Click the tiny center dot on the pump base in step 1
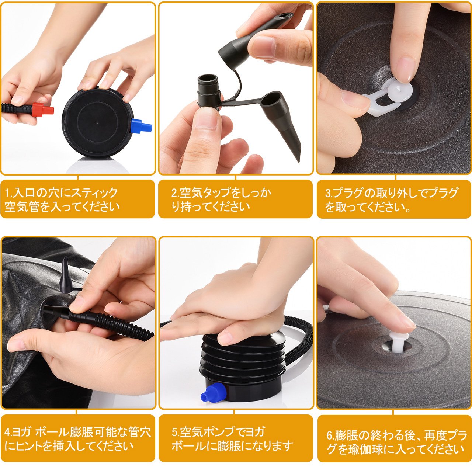point(97,122)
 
